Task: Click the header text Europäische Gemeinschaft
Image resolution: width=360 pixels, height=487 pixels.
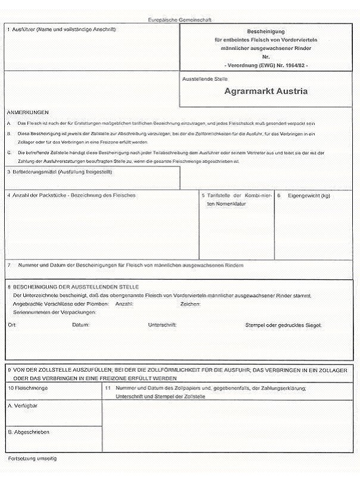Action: point(179,20)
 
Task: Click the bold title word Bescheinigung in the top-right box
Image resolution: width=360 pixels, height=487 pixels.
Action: point(266,30)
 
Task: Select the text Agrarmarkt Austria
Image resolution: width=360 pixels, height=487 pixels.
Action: point(266,92)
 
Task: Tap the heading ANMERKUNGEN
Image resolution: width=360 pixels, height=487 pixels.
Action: point(28,112)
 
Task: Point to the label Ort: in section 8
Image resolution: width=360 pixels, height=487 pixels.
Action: point(12,325)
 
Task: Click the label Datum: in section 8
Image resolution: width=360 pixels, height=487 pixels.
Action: point(80,325)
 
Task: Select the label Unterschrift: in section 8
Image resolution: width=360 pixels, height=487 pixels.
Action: point(162,325)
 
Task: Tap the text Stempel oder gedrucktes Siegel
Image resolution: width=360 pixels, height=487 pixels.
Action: point(283,325)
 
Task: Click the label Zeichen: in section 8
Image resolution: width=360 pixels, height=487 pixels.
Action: point(190,303)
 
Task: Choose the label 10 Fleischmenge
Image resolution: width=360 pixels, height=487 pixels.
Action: point(28,388)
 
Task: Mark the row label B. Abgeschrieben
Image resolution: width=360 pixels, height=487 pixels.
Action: point(29,432)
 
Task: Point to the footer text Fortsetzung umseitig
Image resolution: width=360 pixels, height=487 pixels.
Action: point(32,458)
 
